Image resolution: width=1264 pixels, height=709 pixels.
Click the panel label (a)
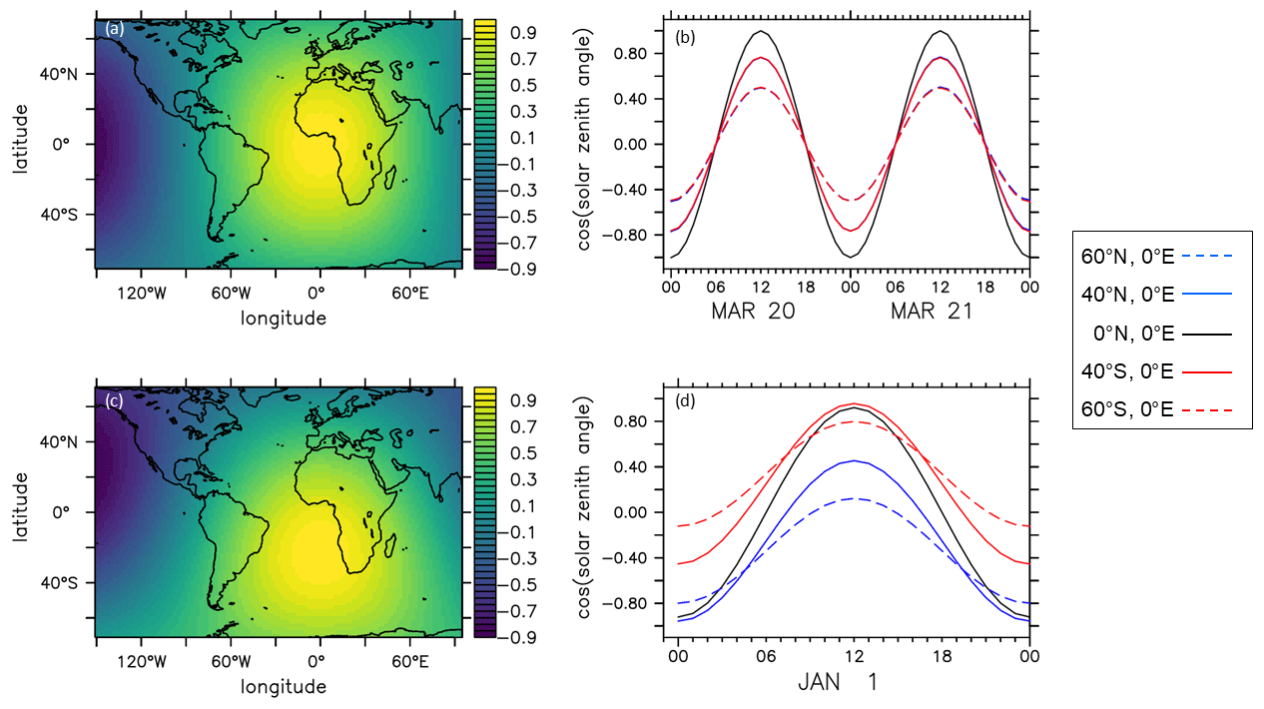coord(115,30)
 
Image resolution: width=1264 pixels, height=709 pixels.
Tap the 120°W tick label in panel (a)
coord(140,295)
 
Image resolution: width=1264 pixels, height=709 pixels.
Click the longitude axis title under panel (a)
coord(284,319)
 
